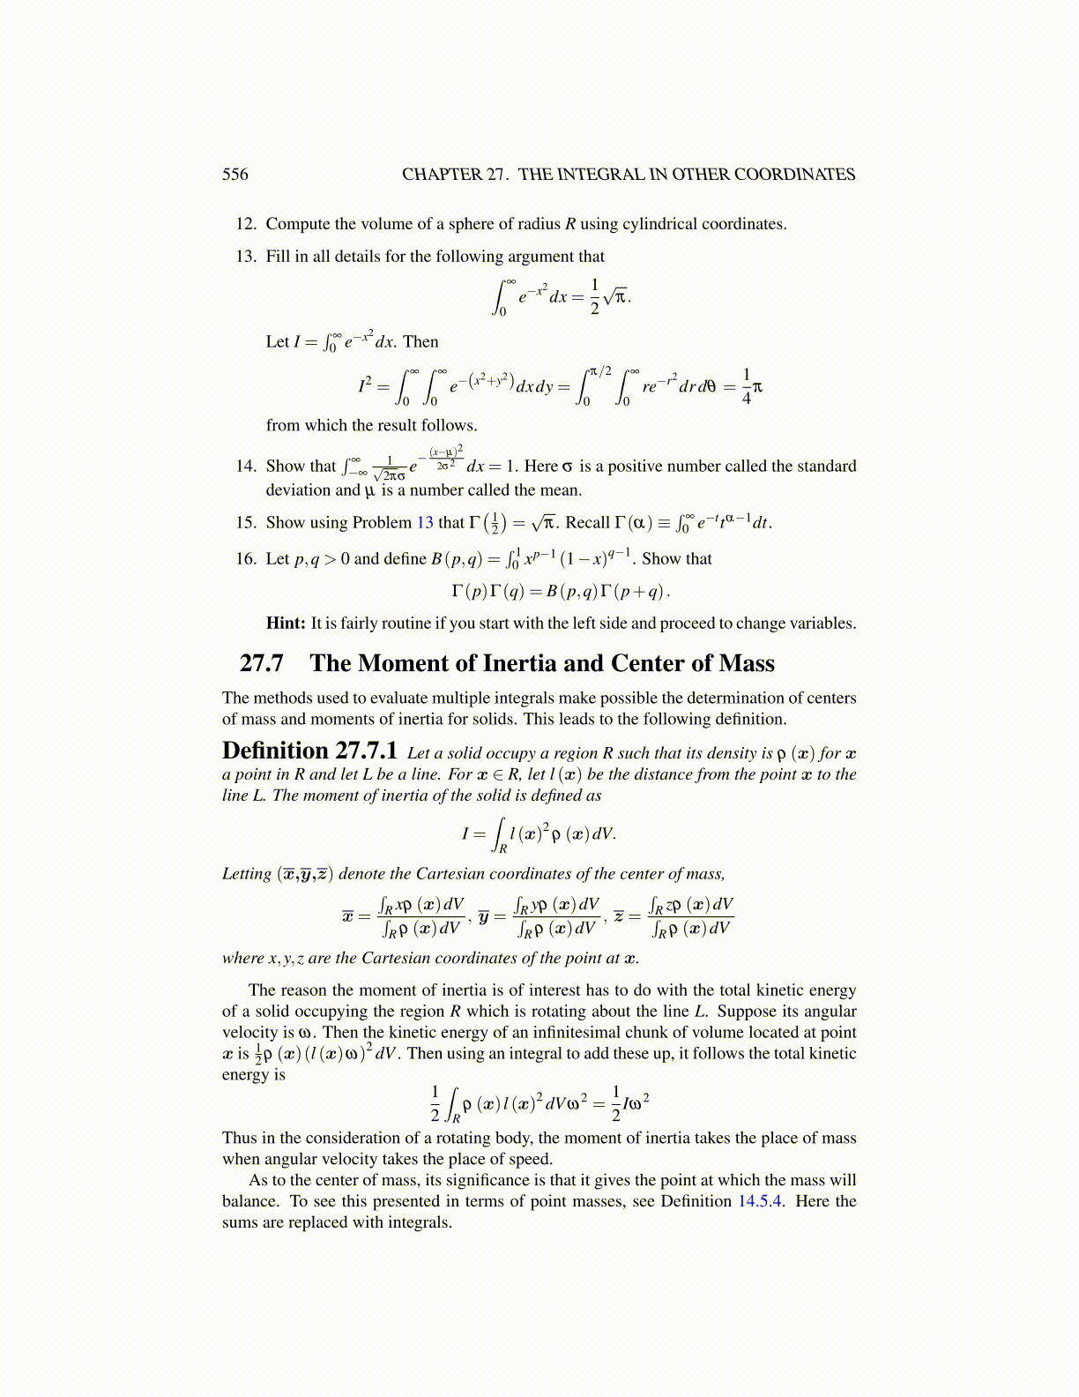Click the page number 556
tap(235, 175)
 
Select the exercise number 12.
tap(245, 224)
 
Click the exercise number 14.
tap(245, 466)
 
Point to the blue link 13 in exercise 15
tap(425, 522)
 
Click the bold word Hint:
tap(286, 623)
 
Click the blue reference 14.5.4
tap(759, 1201)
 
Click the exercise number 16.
tap(245, 558)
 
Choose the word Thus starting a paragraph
tap(239, 1138)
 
